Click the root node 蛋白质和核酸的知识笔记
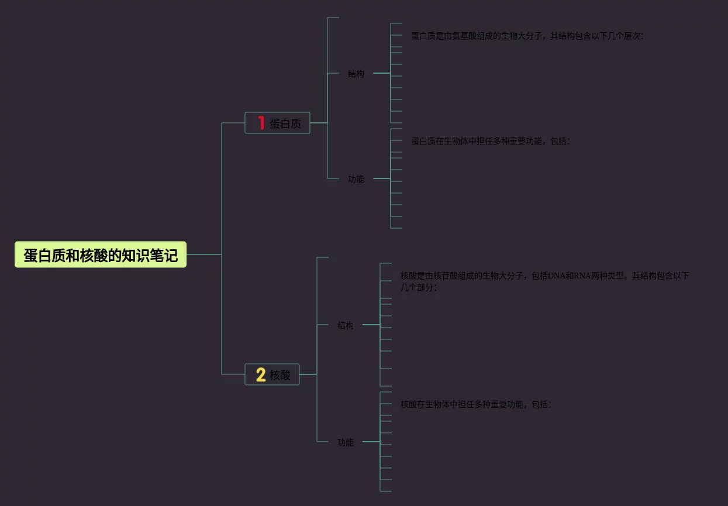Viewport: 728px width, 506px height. pyautogui.click(x=100, y=255)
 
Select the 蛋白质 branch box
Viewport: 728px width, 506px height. pyautogui.click(x=277, y=123)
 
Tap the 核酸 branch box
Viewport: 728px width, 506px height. pyautogui.click(x=272, y=374)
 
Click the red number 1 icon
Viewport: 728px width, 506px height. pyautogui.click(x=261, y=123)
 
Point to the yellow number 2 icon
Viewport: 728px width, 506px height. pyautogui.click(x=261, y=374)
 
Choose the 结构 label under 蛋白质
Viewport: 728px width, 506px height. pyautogui.click(x=356, y=74)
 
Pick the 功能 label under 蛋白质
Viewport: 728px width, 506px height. pyautogui.click(x=356, y=179)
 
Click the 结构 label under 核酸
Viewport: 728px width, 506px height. pyautogui.click(x=345, y=325)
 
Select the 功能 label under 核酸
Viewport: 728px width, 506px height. pyautogui.click(x=345, y=442)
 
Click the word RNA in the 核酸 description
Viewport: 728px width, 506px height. pyautogui.click(x=583, y=276)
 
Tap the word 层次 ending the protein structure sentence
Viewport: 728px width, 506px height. pyautogui.click(x=632, y=36)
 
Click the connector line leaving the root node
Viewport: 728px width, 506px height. pyautogui.click(x=203, y=254)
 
